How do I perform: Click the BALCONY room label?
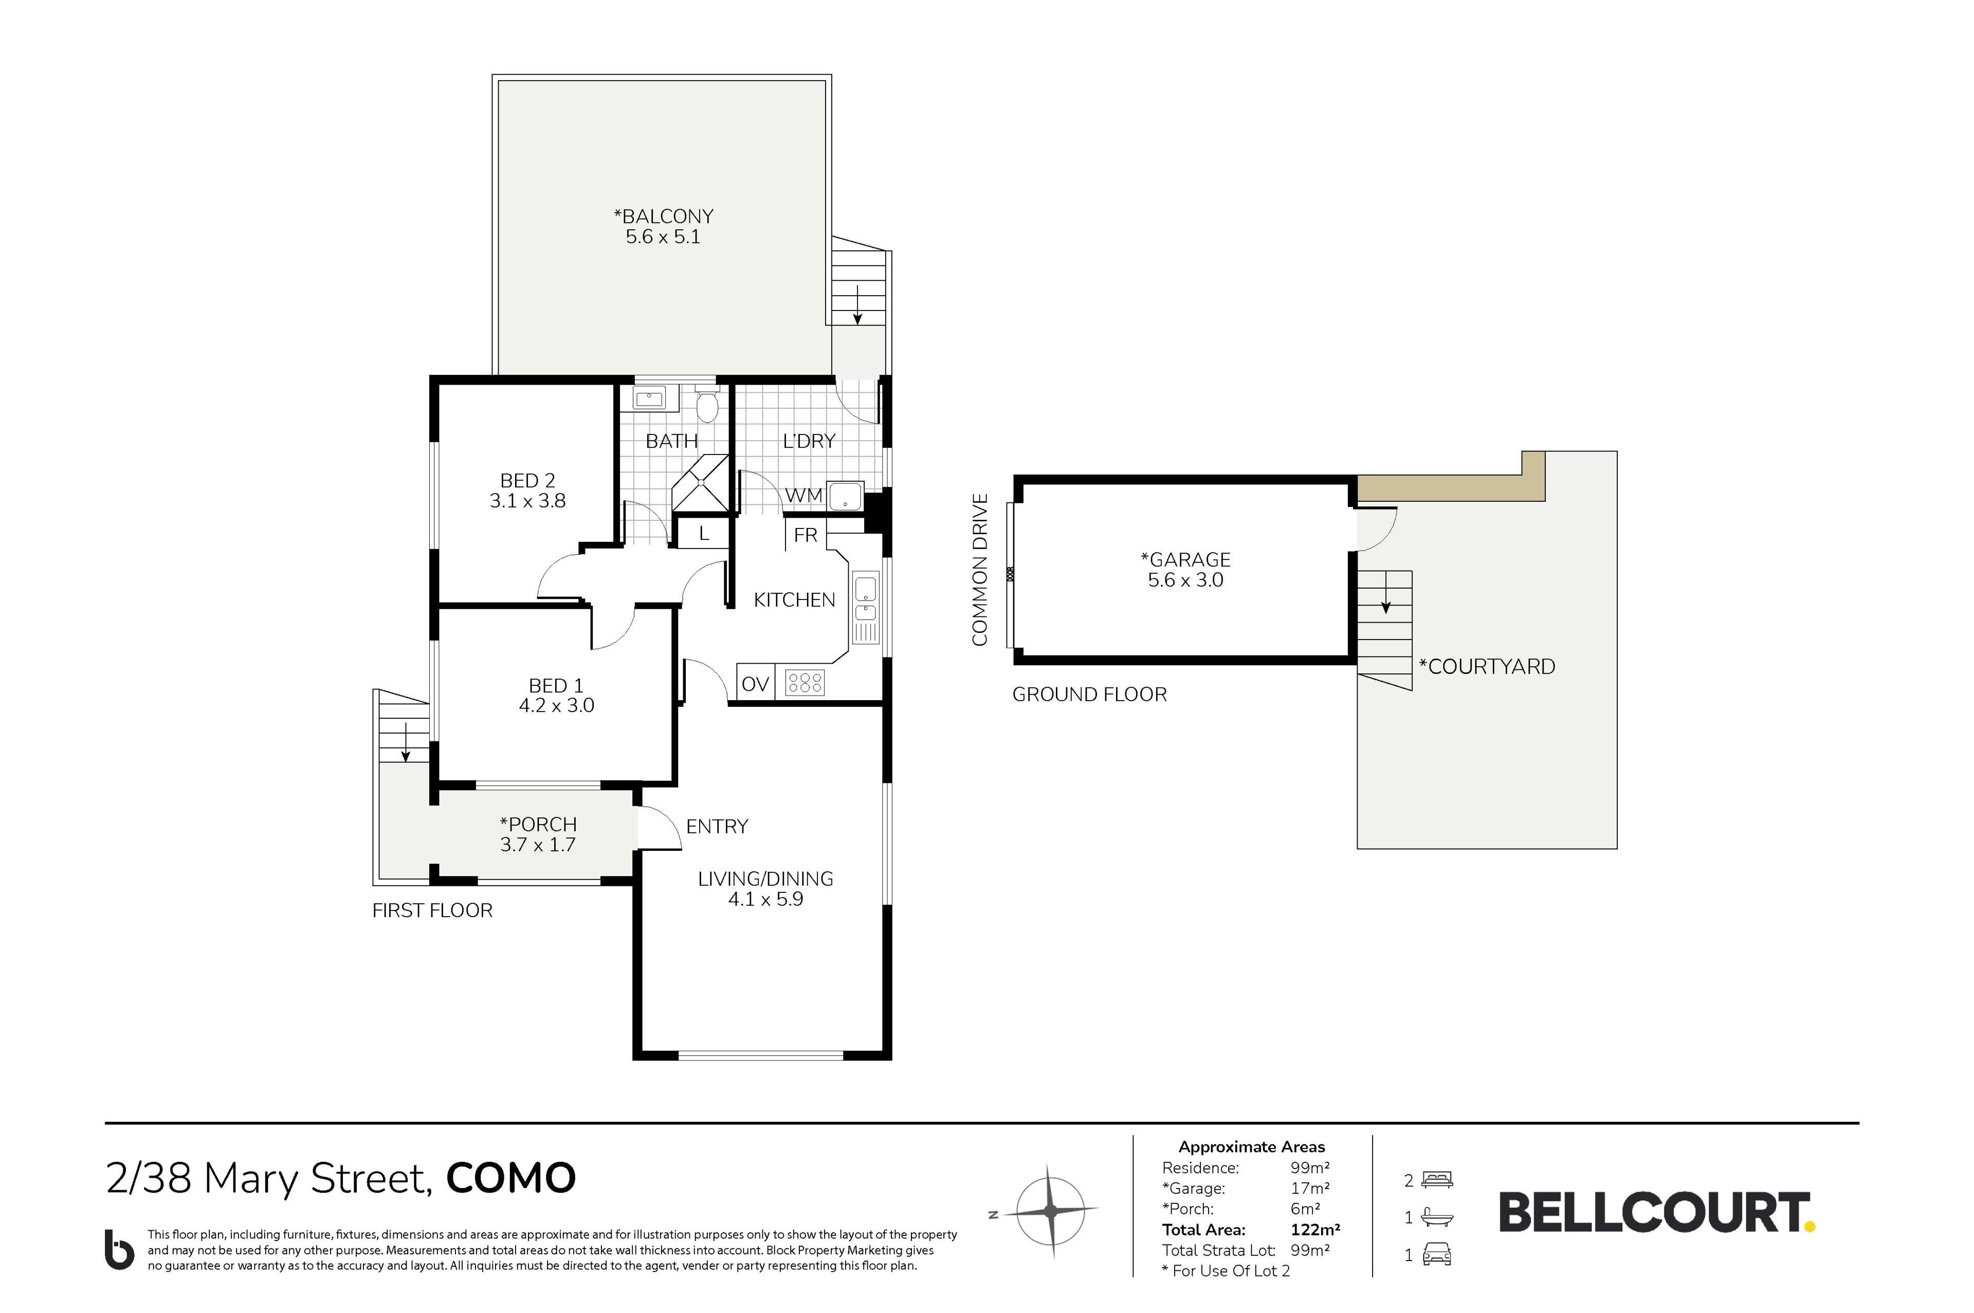[x=663, y=216]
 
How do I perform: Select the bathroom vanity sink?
[x=649, y=398]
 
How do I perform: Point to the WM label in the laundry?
[x=803, y=496]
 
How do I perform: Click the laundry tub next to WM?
[x=844, y=495]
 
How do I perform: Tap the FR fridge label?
[x=806, y=535]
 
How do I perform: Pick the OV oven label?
[x=755, y=684]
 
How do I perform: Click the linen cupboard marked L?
[x=703, y=534]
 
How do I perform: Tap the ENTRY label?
[x=717, y=827]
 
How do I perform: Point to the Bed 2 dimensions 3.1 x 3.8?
[x=527, y=501]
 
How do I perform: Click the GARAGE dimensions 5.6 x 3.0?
[x=1185, y=580]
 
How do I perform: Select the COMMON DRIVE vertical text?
[x=979, y=570]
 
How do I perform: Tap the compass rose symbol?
[x=1051, y=1210]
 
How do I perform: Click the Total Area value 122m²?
[x=1315, y=1229]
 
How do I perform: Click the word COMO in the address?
[x=510, y=1178]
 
